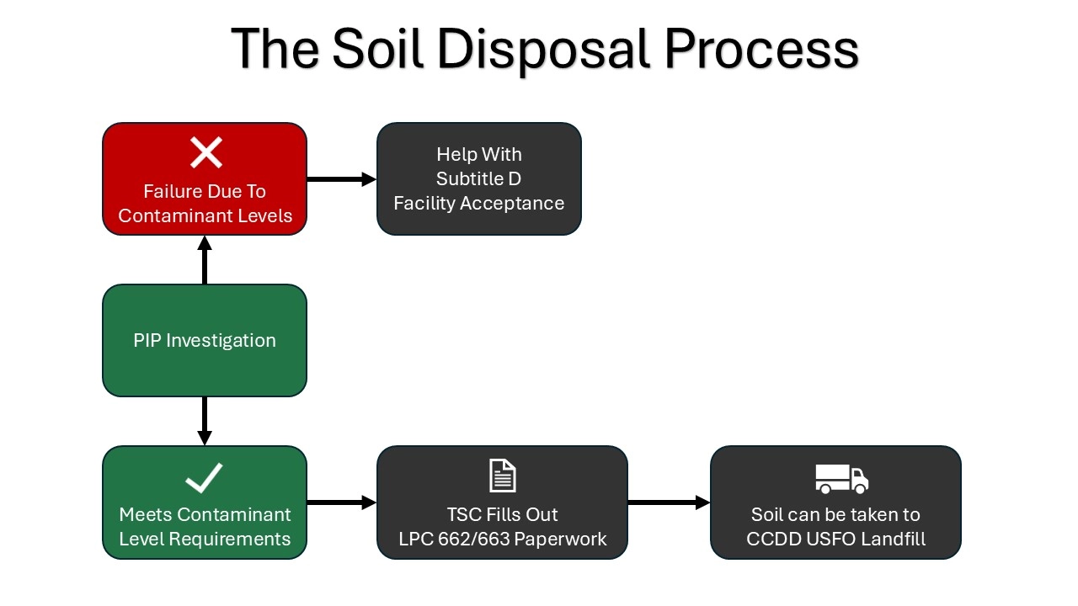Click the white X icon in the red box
[x=205, y=153]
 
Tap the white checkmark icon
[x=204, y=477]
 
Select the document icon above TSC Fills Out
[x=502, y=476]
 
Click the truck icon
[x=841, y=478]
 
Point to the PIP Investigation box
[x=205, y=340]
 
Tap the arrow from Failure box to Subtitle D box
[x=341, y=178]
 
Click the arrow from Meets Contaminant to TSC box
[x=341, y=502]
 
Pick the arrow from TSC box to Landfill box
[x=669, y=502]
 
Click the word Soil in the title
[x=379, y=49]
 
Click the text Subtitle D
[x=478, y=178]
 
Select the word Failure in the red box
[x=173, y=191]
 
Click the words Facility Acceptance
[x=478, y=203]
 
